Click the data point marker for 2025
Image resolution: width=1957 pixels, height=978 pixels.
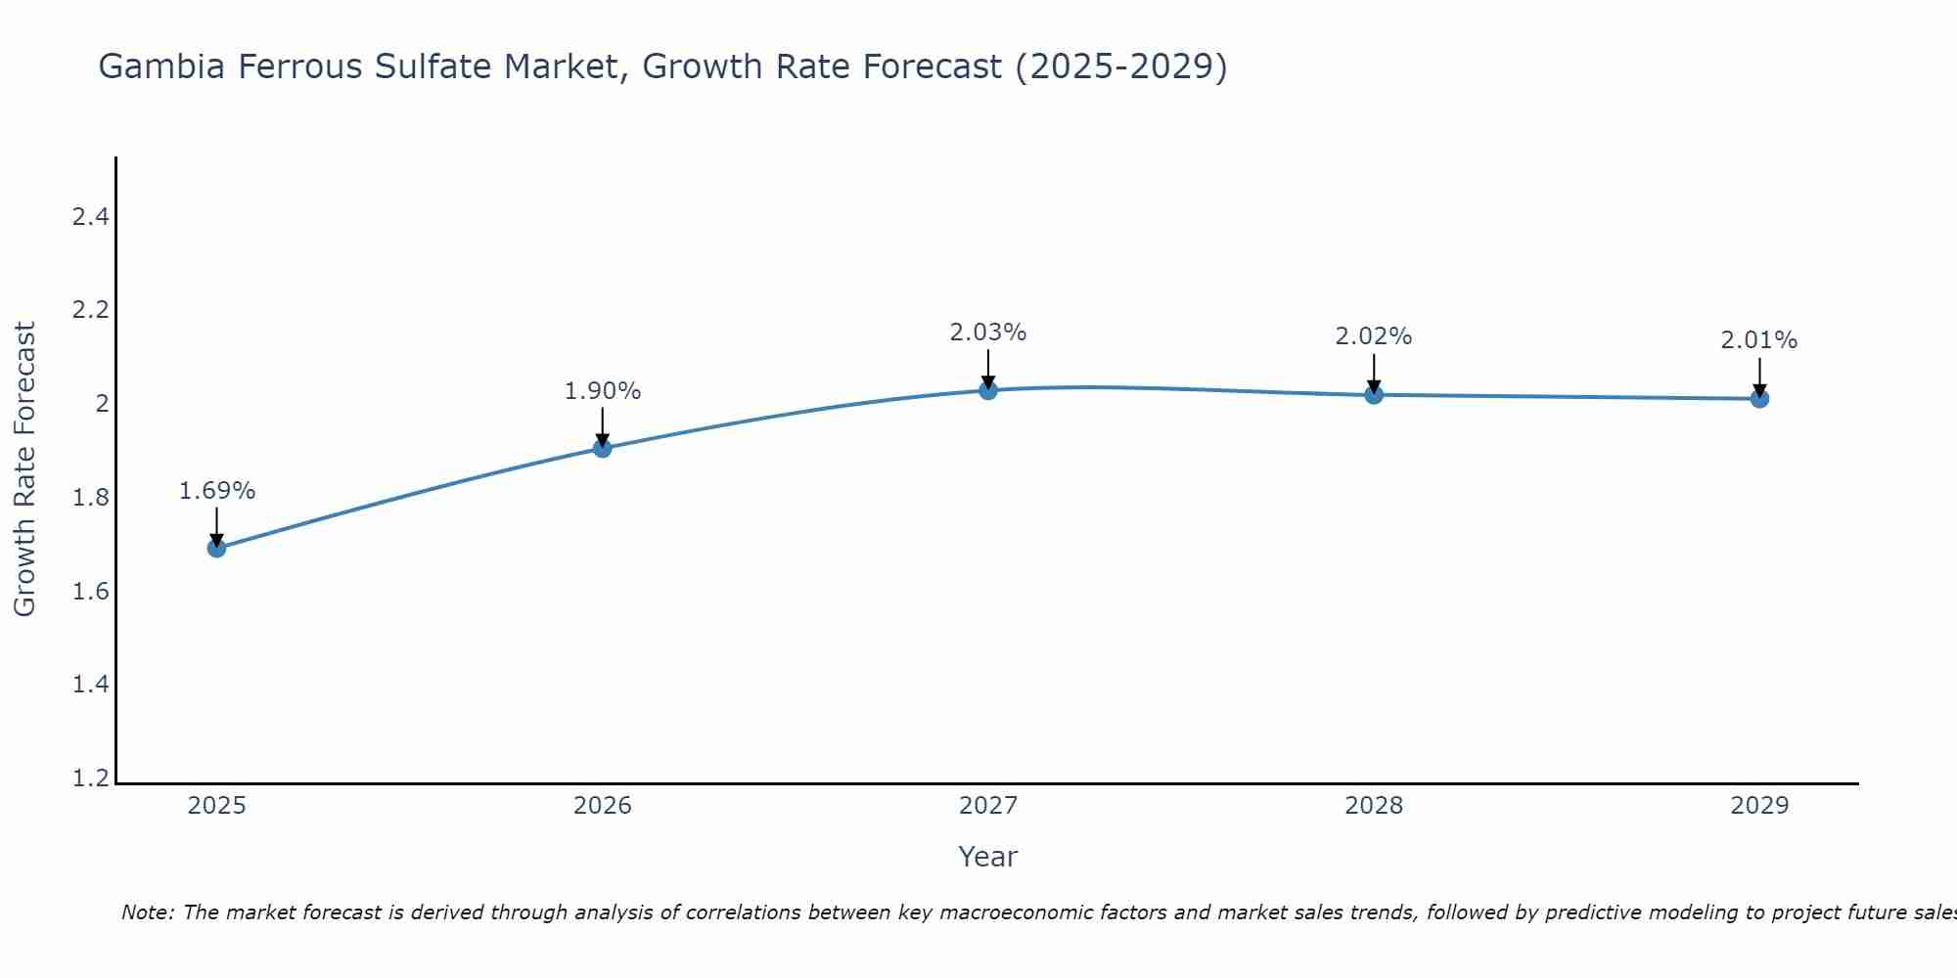[x=217, y=548]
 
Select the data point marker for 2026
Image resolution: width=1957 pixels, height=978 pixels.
[x=603, y=448]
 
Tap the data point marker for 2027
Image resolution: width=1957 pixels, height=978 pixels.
[x=988, y=390]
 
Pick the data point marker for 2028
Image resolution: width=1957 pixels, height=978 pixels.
[x=1374, y=394]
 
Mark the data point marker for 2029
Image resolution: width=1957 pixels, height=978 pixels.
[x=1759, y=398]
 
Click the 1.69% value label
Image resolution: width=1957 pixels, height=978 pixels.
[x=217, y=491]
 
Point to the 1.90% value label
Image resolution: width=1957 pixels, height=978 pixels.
[x=603, y=391]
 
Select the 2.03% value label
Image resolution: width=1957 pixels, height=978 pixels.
[x=988, y=333]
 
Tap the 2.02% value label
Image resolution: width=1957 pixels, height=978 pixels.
[x=1374, y=336]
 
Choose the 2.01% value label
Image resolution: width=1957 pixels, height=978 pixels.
[x=1759, y=340]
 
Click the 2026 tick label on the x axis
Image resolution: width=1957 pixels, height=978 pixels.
[x=603, y=806]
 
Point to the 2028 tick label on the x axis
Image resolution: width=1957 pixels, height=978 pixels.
[x=1374, y=806]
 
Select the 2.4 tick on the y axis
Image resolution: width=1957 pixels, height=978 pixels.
[x=90, y=217]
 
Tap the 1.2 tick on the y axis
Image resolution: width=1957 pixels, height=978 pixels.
[x=90, y=778]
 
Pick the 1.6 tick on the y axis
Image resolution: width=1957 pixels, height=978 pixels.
[x=90, y=592]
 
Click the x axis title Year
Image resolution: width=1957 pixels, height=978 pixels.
[x=988, y=857]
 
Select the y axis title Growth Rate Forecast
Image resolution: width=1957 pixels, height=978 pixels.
[x=25, y=469]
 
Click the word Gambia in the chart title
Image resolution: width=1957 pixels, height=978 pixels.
[x=158, y=67]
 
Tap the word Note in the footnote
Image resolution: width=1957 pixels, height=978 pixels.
[x=146, y=912]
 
